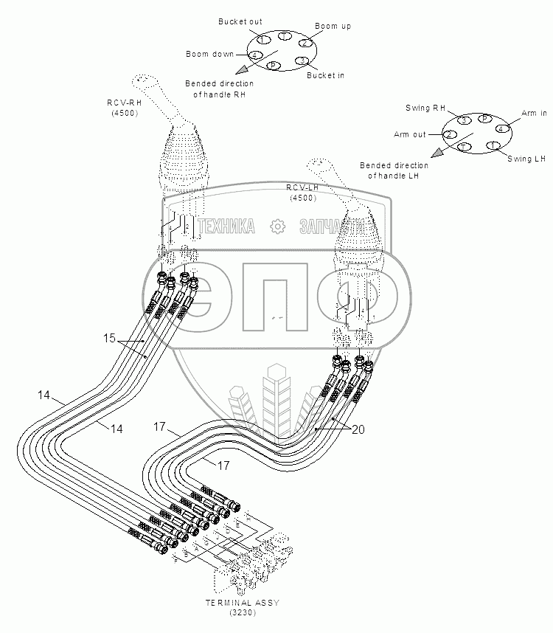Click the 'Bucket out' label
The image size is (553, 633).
(x=240, y=22)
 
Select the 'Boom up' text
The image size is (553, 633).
(x=333, y=27)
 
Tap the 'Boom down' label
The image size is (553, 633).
(x=209, y=54)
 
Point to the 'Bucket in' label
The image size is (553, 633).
(x=325, y=75)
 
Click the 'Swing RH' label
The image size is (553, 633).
(x=426, y=108)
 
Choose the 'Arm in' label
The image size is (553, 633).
(x=534, y=113)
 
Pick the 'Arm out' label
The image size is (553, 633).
(x=410, y=134)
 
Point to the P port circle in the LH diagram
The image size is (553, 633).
(x=484, y=118)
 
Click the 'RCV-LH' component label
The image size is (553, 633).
(x=302, y=188)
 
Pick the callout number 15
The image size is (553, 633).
(x=109, y=339)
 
